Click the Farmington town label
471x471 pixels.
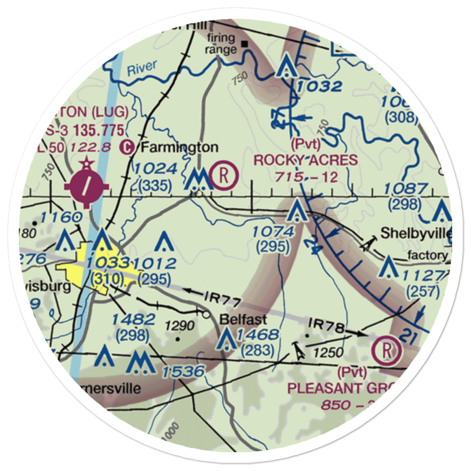[179, 147]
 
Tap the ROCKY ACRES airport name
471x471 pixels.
[306, 160]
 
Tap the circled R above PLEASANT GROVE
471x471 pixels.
[387, 350]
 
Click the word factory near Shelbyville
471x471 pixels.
[428, 256]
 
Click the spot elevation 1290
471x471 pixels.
[179, 325]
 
